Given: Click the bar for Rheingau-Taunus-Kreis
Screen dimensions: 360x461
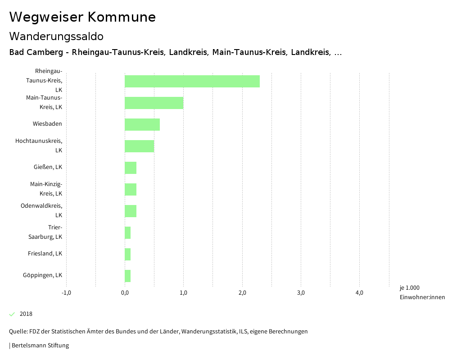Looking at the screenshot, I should [192, 81].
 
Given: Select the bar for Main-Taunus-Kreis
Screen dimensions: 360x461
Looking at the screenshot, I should [154, 103].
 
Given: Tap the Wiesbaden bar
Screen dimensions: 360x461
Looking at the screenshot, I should [142, 124].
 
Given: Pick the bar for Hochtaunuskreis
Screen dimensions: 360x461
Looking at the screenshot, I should [139, 146].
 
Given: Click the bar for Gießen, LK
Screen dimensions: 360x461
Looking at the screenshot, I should [131, 168].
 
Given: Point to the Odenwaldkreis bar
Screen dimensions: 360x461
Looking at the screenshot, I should [131, 211].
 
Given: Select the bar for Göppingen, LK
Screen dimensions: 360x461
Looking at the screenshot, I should [128, 276].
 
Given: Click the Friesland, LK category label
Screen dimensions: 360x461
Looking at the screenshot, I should [45, 254].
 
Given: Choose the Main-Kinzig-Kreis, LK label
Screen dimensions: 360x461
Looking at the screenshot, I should [46, 189].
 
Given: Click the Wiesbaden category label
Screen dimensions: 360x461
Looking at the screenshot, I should [47, 124].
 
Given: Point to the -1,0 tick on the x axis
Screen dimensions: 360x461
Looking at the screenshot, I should [66, 293].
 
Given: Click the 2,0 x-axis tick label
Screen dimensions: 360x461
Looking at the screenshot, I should [242, 293].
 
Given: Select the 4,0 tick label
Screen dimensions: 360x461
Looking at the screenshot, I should [359, 293].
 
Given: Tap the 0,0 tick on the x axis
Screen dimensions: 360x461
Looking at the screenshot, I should [125, 293].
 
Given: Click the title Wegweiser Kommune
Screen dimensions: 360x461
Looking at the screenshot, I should [82, 17].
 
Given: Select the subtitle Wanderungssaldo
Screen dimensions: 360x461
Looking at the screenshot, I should [56, 36].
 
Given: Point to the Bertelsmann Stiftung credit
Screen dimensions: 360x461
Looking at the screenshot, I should [40, 346].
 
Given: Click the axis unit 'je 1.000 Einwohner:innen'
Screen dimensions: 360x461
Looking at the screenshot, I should [422, 292].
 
